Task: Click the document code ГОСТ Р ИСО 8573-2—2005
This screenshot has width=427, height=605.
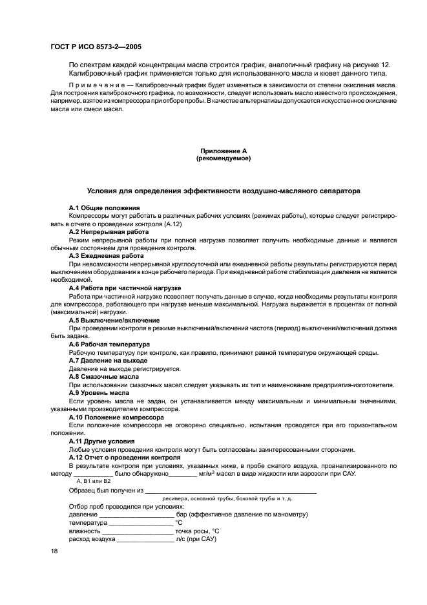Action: coord(96,47)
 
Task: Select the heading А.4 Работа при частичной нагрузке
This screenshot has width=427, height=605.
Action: coord(125,288)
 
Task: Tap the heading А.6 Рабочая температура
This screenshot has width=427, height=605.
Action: coord(109,345)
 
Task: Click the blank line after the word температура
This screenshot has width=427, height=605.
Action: coord(141,524)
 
